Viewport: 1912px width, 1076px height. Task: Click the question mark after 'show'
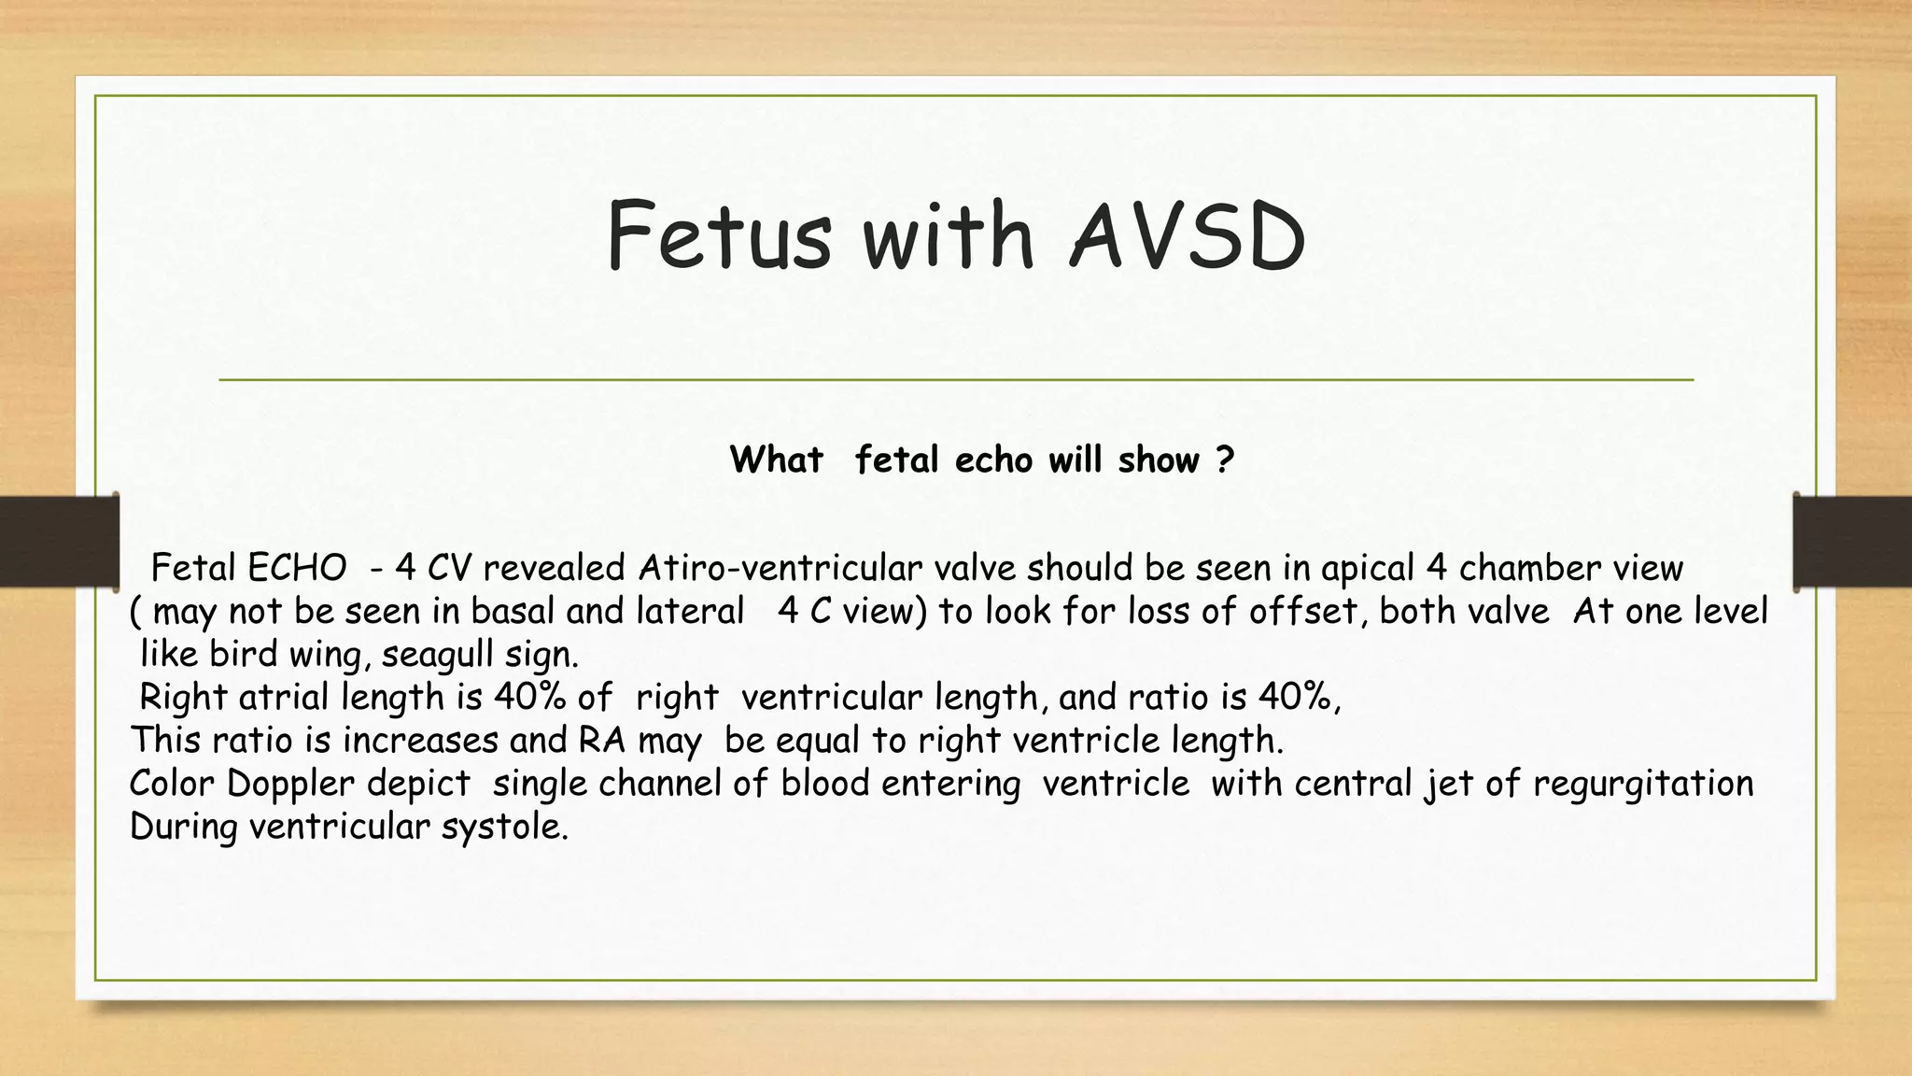(x=1225, y=460)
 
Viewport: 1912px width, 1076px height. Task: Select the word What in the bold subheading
(x=776, y=460)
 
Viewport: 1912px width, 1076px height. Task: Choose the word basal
(x=513, y=611)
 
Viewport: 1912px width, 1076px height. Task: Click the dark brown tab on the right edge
(x=1852, y=542)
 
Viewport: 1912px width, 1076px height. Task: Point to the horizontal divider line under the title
(x=956, y=380)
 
